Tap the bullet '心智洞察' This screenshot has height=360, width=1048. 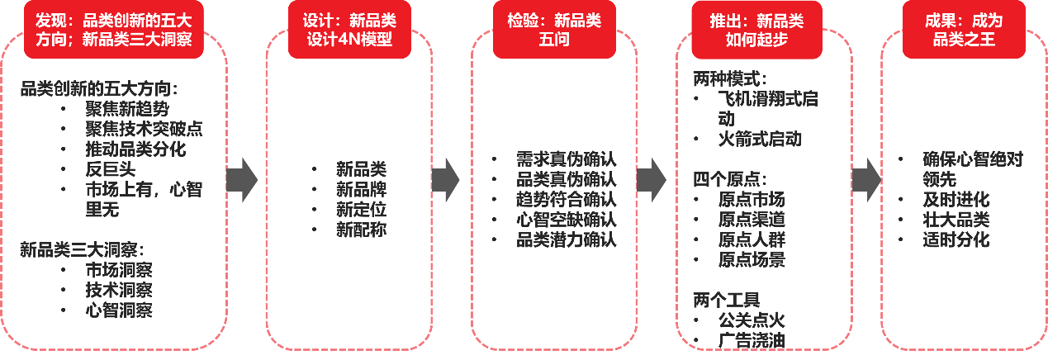(119, 310)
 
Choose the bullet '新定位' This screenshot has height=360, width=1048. (360, 210)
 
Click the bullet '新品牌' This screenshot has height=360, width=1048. (360, 189)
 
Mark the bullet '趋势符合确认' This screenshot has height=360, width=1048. (566, 200)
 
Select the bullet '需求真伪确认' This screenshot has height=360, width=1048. (566, 159)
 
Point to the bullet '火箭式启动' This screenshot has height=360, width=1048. (759, 139)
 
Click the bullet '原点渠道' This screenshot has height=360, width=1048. (751, 220)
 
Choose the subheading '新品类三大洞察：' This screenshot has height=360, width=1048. (82, 249)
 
